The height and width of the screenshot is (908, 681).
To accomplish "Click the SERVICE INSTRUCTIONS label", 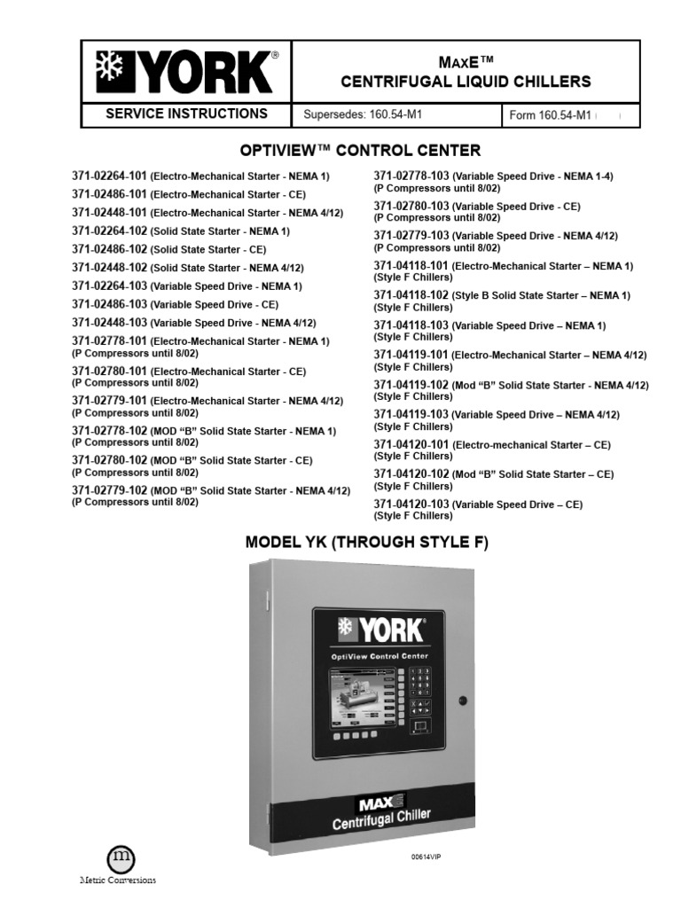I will [x=186, y=113].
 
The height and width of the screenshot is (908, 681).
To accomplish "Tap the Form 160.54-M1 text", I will [x=550, y=115].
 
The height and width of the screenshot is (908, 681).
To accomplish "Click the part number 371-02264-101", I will [x=110, y=176].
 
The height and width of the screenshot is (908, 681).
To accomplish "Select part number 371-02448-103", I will [x=110, y=322].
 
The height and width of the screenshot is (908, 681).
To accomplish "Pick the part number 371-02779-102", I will [x=110, y=489].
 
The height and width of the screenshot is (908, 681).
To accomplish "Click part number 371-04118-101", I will [x=411, y=266].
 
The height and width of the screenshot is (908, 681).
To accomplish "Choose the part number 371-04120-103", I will [x=411, y=504].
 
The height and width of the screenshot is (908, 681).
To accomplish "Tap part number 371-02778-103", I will [x=411, y=176].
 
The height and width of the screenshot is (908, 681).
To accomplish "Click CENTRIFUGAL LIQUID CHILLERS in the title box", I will [x=466, y=82].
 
